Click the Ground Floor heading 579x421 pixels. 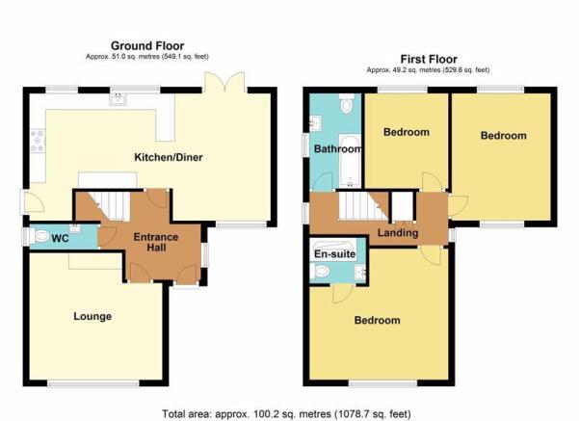click(x=147, y=46)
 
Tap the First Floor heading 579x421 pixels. click(x=429, y=59)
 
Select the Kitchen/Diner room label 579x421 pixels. click(x=169, y=157)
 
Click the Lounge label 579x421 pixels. click(x=92, y=316)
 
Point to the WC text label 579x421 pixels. click(x=60, y=238)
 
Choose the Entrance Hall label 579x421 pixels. click(x=156, y=242)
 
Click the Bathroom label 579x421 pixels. click(x=337, y=148)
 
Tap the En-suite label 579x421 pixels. click(x=335, y=254)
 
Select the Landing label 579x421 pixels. click(x=398, y=233)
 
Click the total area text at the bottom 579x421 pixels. click(x=286, y=413)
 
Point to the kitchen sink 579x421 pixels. click(x=118, y=99)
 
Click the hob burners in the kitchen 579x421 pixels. click(x=38, y=141)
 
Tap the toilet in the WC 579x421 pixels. click(x=40, y=236)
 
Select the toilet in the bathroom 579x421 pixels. click(x=347, y=103)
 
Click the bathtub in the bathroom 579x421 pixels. click(x=350, y=161)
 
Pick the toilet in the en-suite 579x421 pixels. click(x=320, y=272)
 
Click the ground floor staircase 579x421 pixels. click(x=110, y=206)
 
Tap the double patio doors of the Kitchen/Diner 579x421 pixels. click(x=224, y=82)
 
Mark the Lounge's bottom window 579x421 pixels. click(x=93, y=384)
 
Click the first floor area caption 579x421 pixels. click(x=428, y=69)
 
